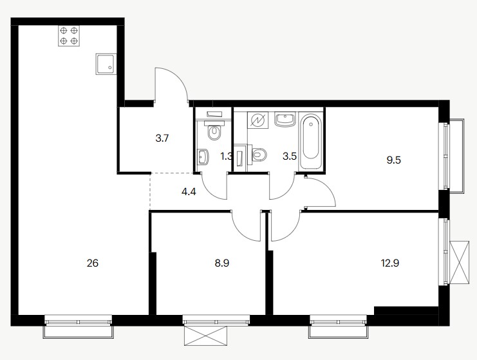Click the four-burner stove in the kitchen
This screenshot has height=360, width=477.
69,35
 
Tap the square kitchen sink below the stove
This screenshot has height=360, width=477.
106,64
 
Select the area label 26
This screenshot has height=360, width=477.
93,263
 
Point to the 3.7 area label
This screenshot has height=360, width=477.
162,138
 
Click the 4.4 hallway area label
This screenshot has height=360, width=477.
189,192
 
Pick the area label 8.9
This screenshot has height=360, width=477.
222,263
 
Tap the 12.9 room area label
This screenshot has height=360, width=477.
390,263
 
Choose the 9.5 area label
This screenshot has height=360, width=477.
394,160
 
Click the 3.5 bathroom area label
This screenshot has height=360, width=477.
290,156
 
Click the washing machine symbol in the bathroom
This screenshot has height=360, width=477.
258,120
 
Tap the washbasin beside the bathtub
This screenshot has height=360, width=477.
285,119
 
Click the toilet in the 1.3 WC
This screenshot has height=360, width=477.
215,130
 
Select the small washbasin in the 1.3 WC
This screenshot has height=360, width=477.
203,156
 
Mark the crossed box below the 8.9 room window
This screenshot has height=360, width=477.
206,336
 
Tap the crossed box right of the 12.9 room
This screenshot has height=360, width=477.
460,262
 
